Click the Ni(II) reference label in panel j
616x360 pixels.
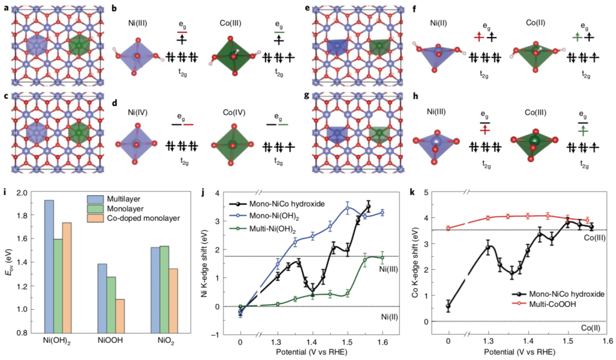click(391, 315)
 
